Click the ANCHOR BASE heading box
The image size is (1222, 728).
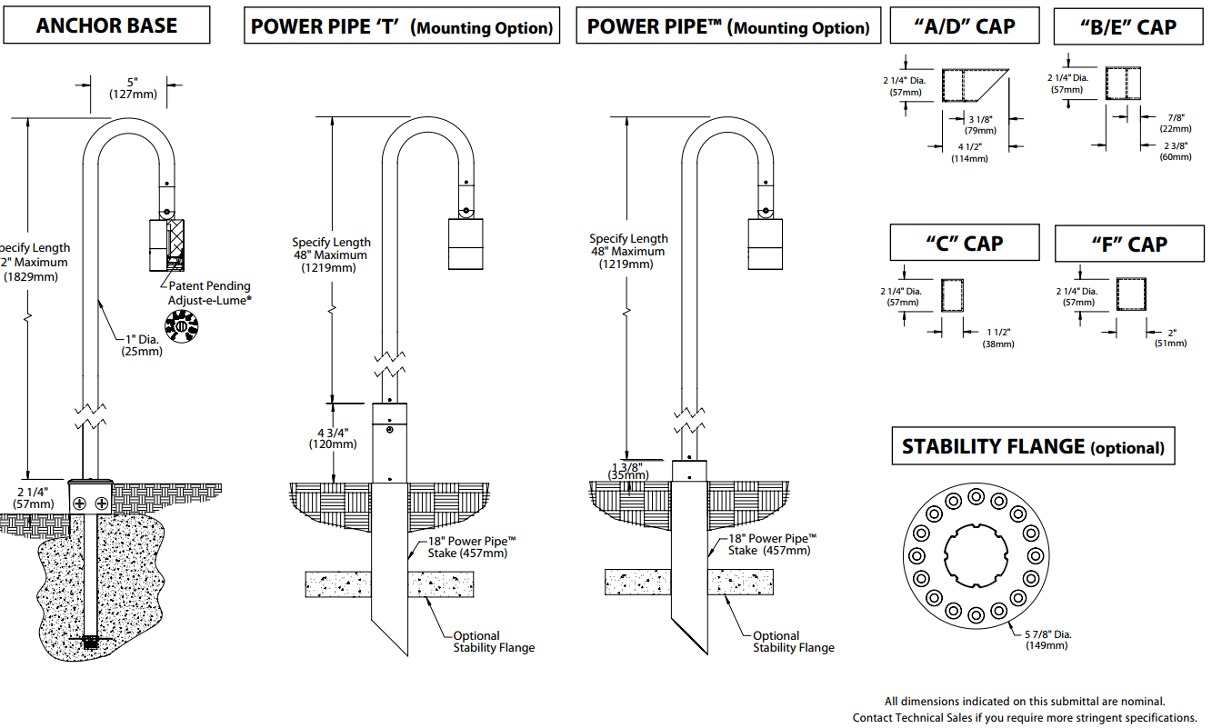pyautogui.click(x=106, y=25)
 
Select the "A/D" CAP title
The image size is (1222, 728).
pyautogui.click(x=964, y=26)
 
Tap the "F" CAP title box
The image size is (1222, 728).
pyautogui.click(x=1129, y=244)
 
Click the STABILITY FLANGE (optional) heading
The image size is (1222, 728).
pyautogui.click(x=1033, y=446)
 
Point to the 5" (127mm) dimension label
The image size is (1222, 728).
pyautogui.click(x=133, y=87)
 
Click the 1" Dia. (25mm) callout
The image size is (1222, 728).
pyautogui.click(x=142, y=345)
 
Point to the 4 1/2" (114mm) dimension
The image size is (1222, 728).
pyautogui.click(x=969, y=152)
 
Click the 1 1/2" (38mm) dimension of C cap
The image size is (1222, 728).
pyautogui.click(x=999, y=337)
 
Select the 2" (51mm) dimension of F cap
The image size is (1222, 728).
pyautogui.click(x=1171, y=337)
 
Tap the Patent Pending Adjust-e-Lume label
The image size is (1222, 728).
pyautogui.click(x=209, y=292)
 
